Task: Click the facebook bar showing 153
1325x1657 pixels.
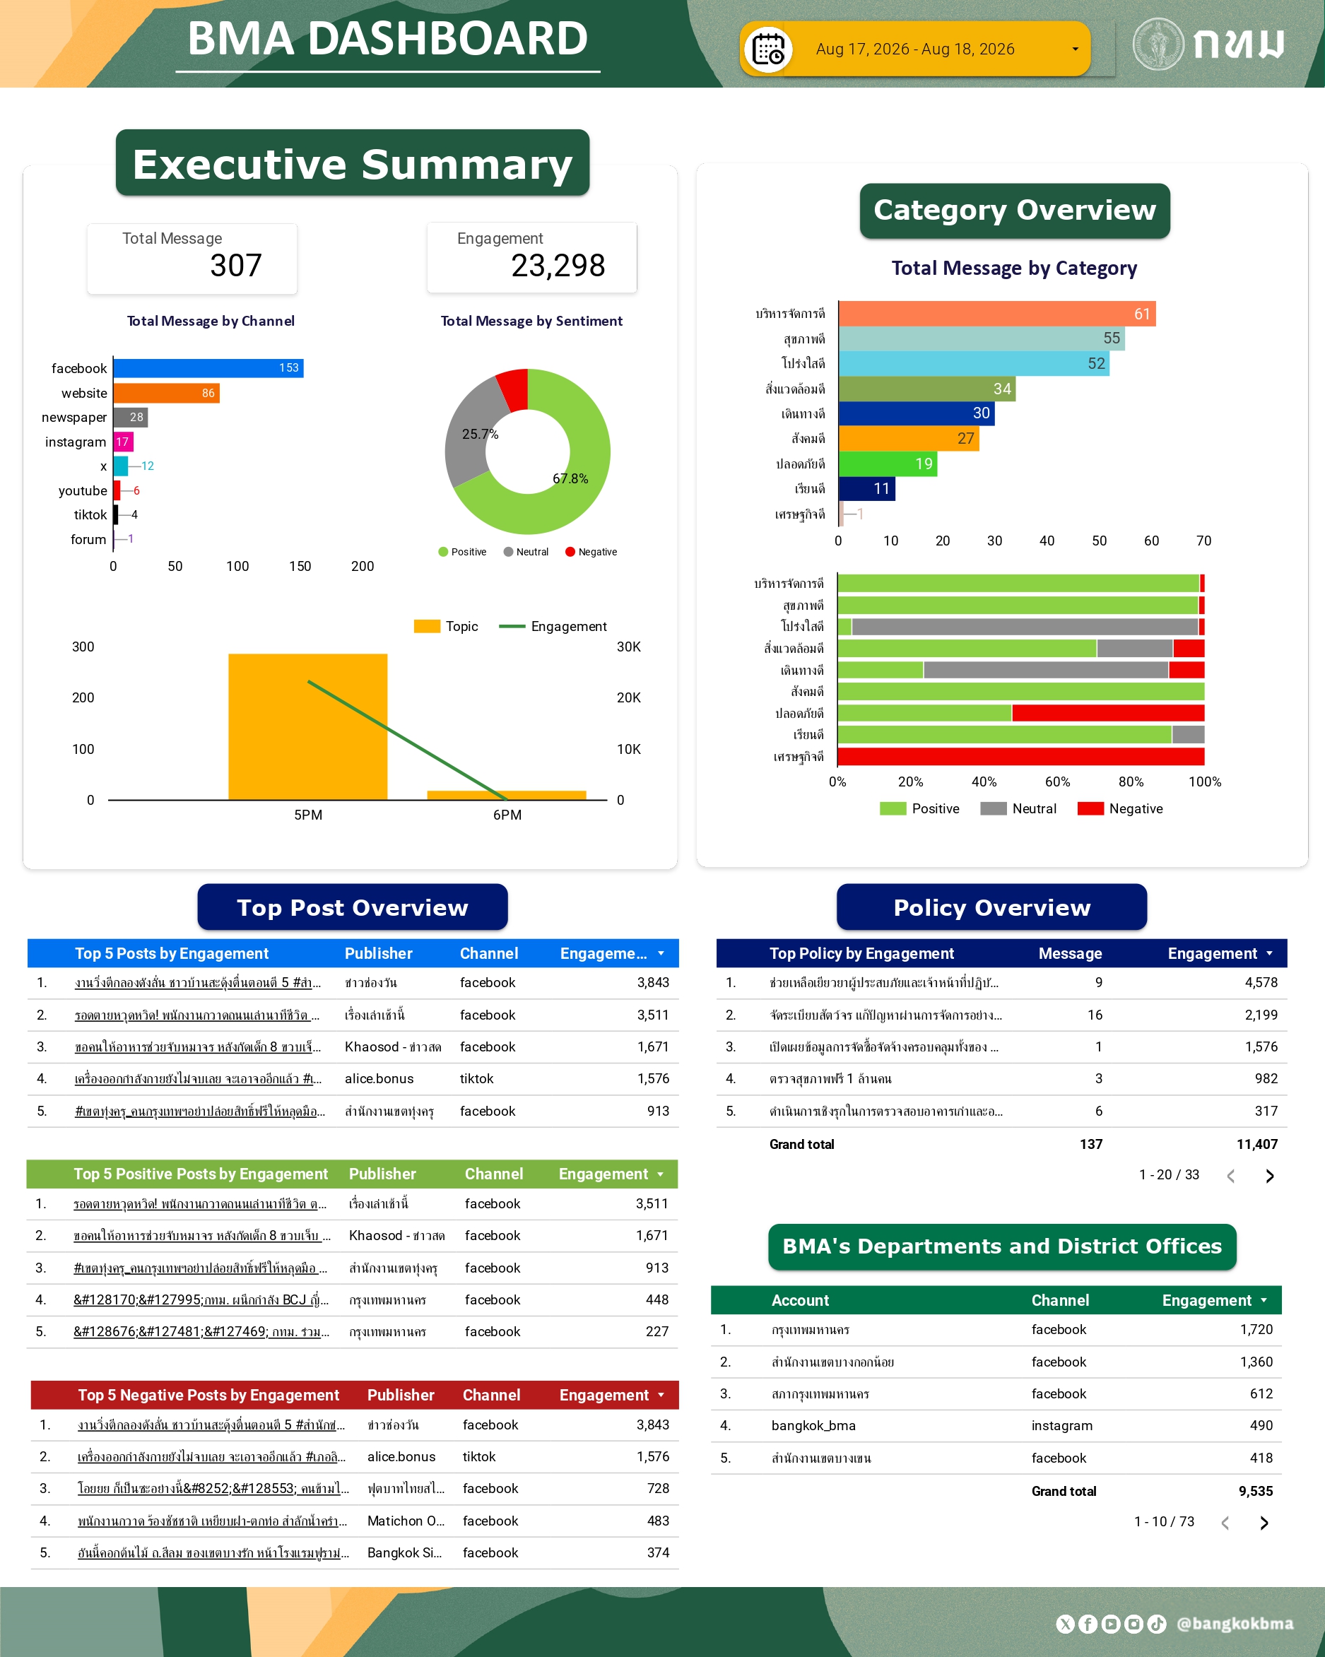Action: [208, 368]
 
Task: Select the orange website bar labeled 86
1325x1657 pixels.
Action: [167, 393]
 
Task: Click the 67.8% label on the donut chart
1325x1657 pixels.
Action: [570, 478]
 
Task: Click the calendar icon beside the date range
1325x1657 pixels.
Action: [769, 49]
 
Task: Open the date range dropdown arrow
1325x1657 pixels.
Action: [1074, 49]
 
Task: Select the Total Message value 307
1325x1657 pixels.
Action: [236, 266]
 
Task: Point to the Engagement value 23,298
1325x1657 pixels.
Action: [558, 266]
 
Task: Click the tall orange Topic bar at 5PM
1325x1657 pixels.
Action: [307, 727]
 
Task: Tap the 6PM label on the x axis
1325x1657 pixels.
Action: [507, 815]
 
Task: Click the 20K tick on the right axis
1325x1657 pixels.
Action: [629, 698]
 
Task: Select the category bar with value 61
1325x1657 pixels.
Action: [997, 314]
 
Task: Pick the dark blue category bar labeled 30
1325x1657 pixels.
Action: [917, 413]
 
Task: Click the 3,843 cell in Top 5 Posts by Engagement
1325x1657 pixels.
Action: [652, 982]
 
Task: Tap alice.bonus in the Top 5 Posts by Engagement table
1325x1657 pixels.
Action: [379, 1078]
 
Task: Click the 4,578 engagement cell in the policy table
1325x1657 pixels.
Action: [1261, 982]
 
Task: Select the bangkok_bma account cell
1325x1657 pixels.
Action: [813, 1426]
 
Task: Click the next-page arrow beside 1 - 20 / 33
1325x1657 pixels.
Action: [1270, 1176]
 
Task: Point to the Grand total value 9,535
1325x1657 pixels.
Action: [1256, 1491]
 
